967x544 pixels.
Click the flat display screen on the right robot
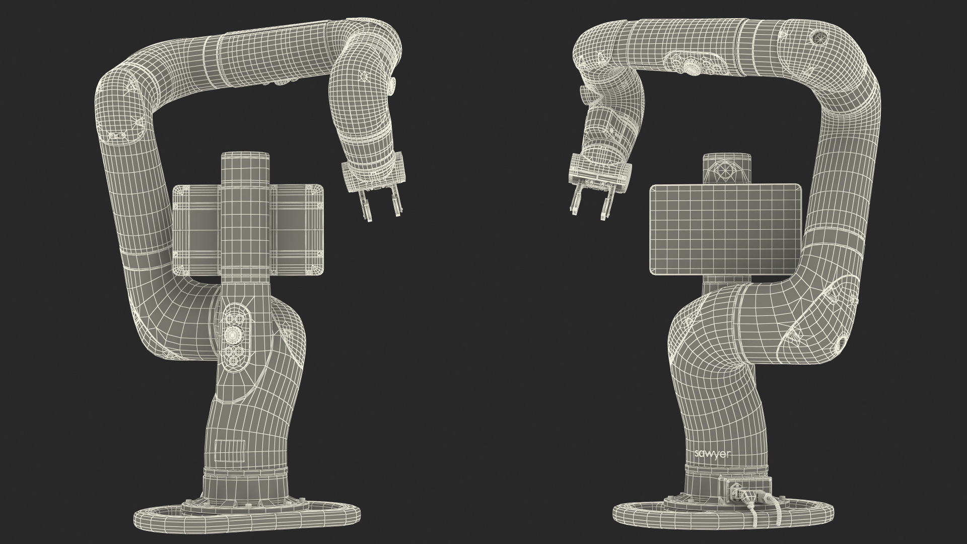tap(725, 230)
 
